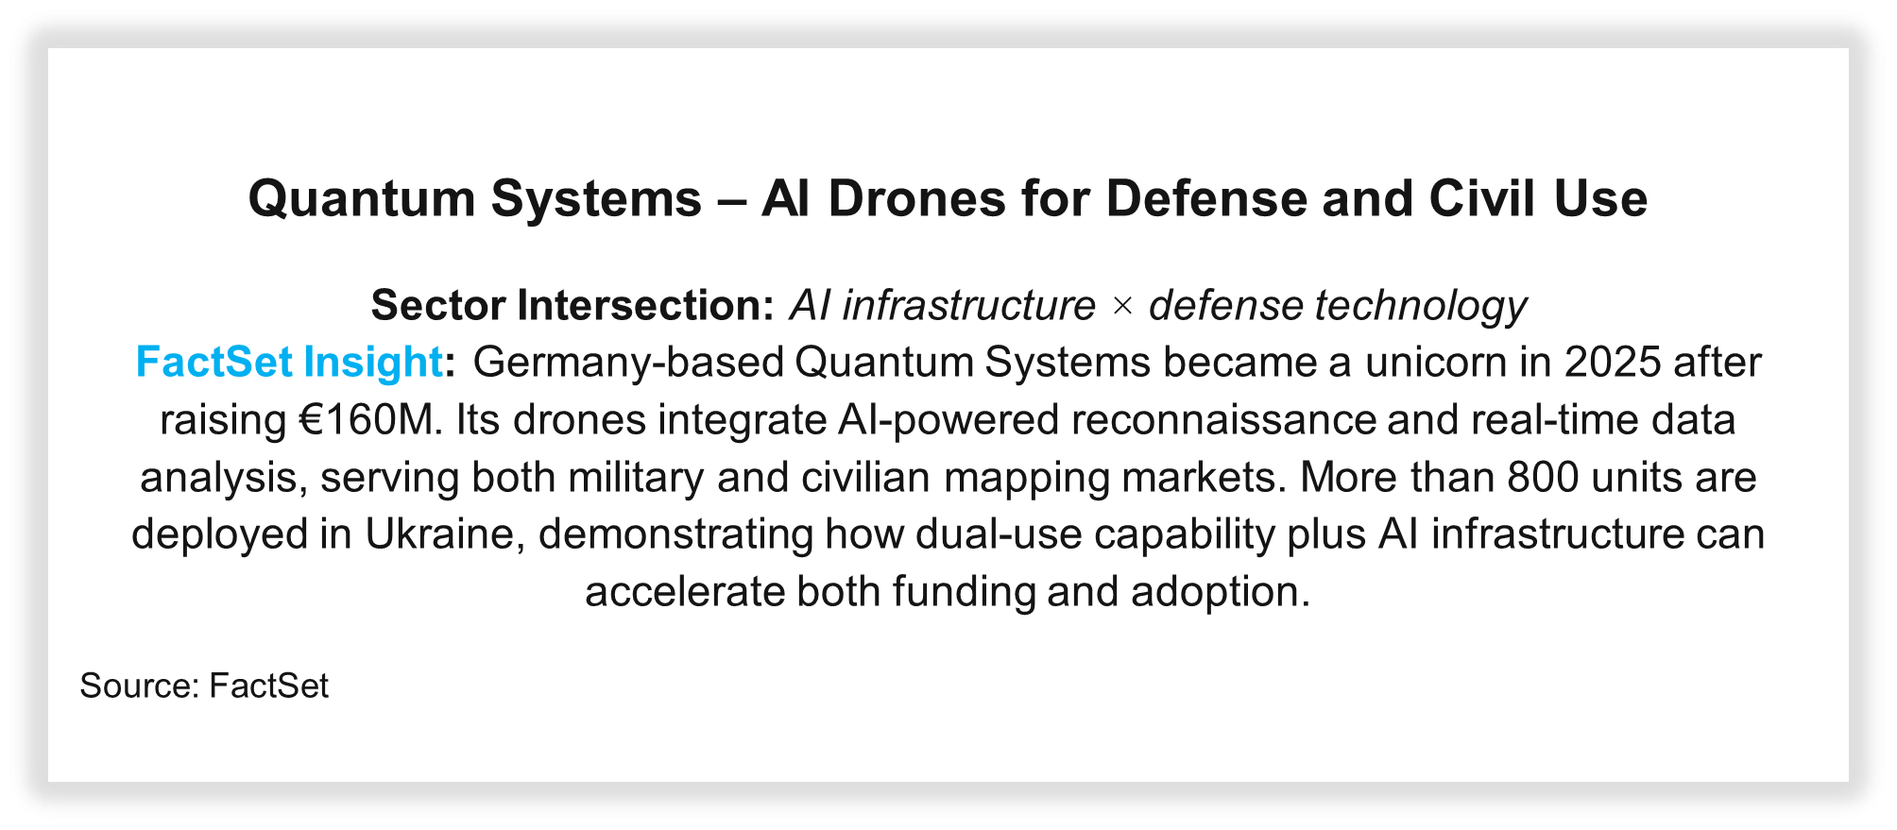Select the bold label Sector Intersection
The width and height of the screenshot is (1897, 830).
[573, 305]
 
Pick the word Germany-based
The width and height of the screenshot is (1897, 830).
[628, 364]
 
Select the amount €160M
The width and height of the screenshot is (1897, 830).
[371, 420]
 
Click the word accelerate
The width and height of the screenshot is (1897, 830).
[685, 593]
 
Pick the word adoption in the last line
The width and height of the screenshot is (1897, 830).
[1220, 593]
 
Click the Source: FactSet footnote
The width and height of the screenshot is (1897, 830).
[204, 686]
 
